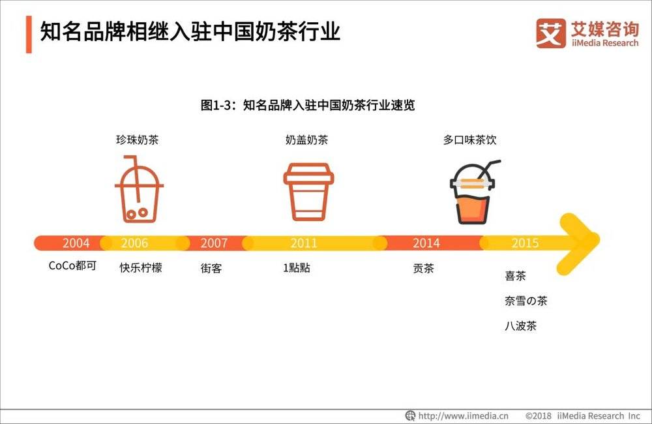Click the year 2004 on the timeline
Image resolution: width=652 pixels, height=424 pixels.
pos(76,243)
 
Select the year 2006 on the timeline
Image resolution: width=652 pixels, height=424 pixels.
pos(134,243)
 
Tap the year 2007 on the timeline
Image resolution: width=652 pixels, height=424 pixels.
pos(214,243)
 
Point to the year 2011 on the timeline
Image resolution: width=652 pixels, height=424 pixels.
pos(304,243)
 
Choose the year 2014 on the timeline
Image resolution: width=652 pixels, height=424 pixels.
pos(426,243)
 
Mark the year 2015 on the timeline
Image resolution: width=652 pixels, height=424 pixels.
pos(525,243)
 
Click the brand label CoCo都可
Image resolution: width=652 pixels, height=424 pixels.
pos(72,265)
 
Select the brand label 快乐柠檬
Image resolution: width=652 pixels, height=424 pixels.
pos(141,267)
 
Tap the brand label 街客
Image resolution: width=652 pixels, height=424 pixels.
pos(211,268)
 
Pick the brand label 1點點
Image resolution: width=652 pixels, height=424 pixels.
pos(297,267)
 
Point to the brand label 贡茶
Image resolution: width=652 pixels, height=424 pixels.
pos(423,268)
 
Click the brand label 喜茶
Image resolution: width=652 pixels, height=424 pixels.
pos(515,276)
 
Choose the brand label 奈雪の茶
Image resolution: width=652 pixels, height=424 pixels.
pos(526,301)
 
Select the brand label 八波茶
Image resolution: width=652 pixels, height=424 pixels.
pos(520,326)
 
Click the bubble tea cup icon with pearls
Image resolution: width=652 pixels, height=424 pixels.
pos(139,189)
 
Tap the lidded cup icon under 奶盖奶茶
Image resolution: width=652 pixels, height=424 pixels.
pos(308,191)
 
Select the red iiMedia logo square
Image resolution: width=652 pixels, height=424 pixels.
pos(550,33)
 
